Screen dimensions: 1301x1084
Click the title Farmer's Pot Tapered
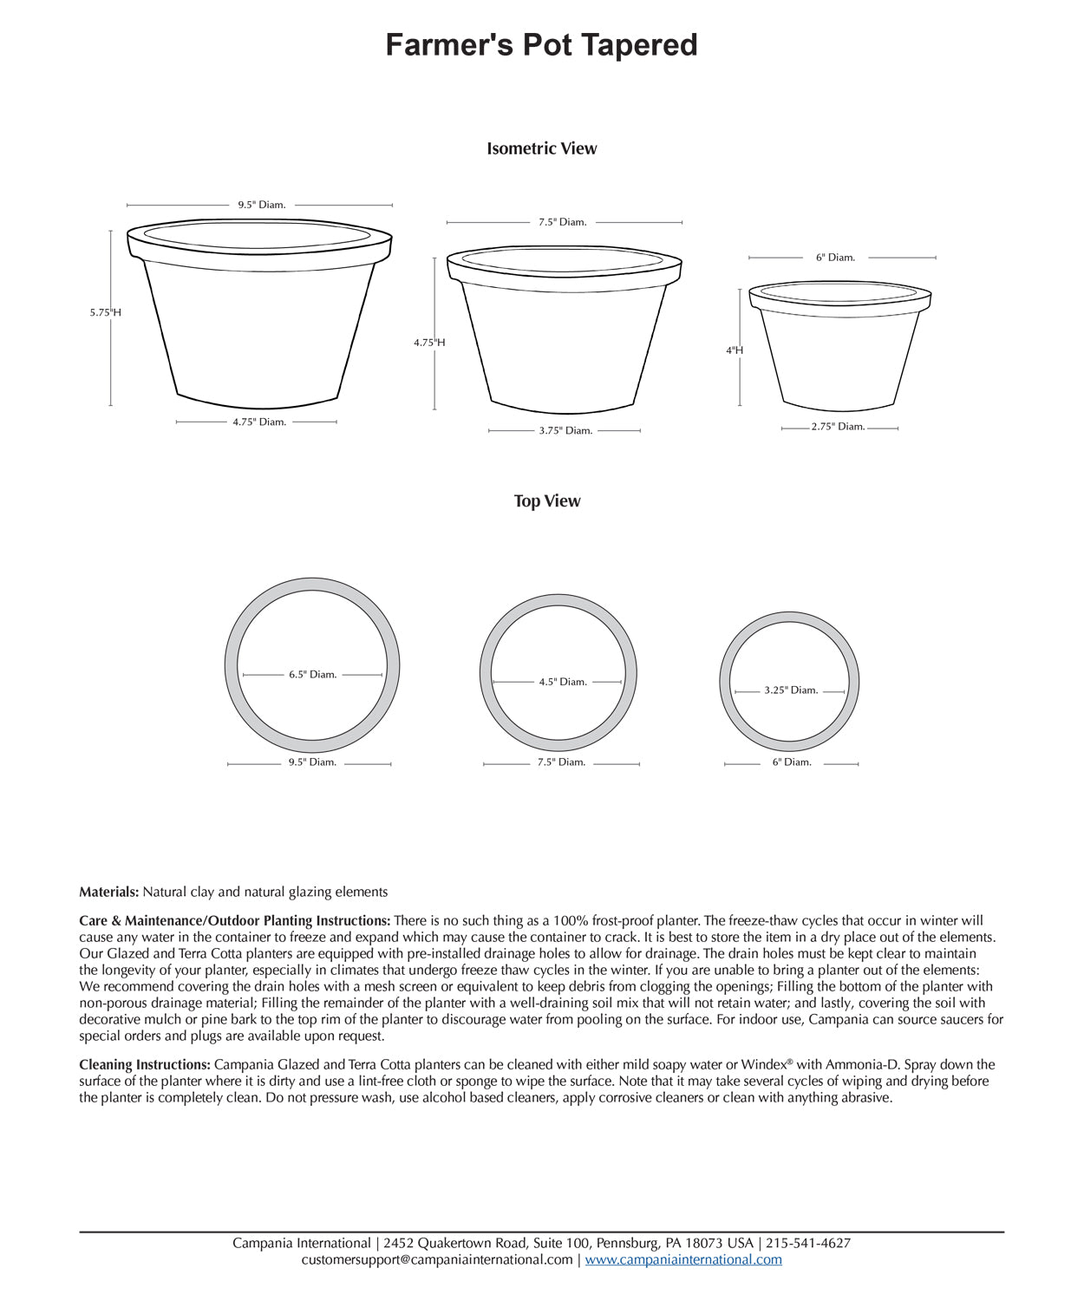click(541, 45)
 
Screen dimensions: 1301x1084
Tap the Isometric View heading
click(541, 148)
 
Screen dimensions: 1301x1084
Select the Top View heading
click(546, 501)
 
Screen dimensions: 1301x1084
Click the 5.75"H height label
click(105, 312)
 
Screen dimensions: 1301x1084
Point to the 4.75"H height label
click(429, 343)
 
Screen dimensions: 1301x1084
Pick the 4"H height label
click(735, 350)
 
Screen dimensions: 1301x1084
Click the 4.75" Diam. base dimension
click(258, 422)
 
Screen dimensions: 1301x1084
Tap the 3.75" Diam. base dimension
click(565, 431)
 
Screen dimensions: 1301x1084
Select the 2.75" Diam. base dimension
click(838, 427)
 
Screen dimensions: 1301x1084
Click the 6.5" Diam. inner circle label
click(312, 675)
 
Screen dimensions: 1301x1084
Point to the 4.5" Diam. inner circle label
click(562, 683)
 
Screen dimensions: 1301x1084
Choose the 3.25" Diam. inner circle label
click(791, 691)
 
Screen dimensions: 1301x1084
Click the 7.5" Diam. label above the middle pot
click(562, 223)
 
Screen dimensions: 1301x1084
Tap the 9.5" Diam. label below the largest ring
click(312, 763)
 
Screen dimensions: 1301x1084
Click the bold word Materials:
click(108, 892)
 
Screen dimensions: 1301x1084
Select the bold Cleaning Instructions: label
click(144, 1065)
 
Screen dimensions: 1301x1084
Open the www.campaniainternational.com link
click(682, 1260)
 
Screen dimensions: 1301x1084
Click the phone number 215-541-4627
click(808, 1244)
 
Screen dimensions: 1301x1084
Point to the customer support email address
click(436, 1260)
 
